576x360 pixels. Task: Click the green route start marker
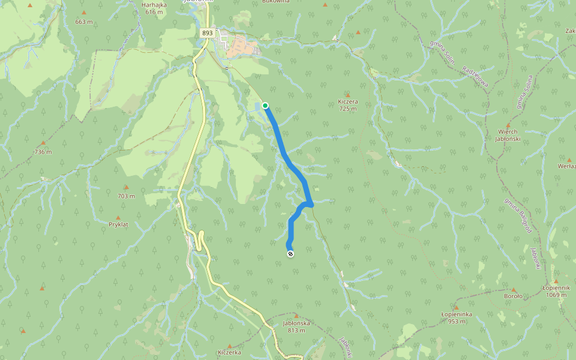(x=265, y=106)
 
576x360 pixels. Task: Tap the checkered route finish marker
(x=290, y=254)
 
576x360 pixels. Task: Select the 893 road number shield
(x=208, y=34)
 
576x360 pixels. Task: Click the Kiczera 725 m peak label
(x=347, y=106)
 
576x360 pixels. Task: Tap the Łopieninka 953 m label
(x=457, y=317)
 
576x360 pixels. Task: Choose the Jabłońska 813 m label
(x=296, y=326)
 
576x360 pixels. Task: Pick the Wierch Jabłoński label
(x=507, y=135)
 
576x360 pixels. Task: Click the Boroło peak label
(x=514, y=296)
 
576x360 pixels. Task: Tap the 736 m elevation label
(x=43, y=152)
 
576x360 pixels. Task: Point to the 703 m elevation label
(x=126, y=196)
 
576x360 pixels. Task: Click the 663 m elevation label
(x=84, y=22)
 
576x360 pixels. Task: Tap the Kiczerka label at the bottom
(x=229, y=352)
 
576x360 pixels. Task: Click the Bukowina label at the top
(x=276, y=2)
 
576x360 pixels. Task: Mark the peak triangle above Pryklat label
(x=118, y=217)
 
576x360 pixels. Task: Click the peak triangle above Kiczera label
(x=347, y=95)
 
